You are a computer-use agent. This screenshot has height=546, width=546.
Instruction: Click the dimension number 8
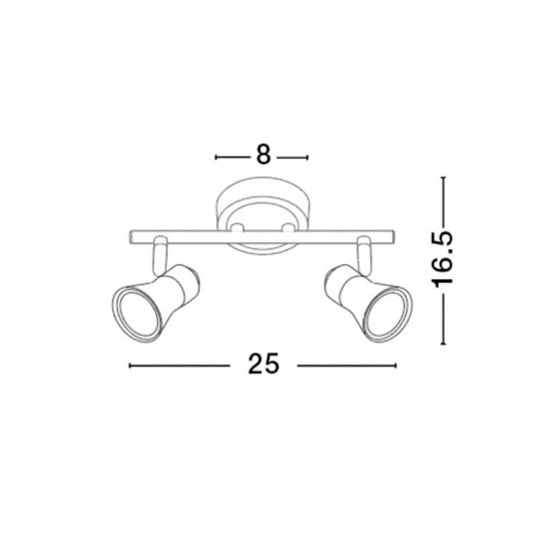tap(264, 154)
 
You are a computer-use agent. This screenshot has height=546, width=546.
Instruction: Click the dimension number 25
tap(264, 363)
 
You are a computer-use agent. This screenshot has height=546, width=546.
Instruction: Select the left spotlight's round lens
tap(137, 314)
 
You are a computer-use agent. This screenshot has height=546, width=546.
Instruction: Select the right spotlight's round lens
tap(387, 314)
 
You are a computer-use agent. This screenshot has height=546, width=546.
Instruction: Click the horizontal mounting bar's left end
tap(131, 237)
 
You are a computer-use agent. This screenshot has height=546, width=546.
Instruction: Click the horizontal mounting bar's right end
tap(393, 237)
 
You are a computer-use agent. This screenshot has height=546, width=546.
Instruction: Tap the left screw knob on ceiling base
tap(237, 227)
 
